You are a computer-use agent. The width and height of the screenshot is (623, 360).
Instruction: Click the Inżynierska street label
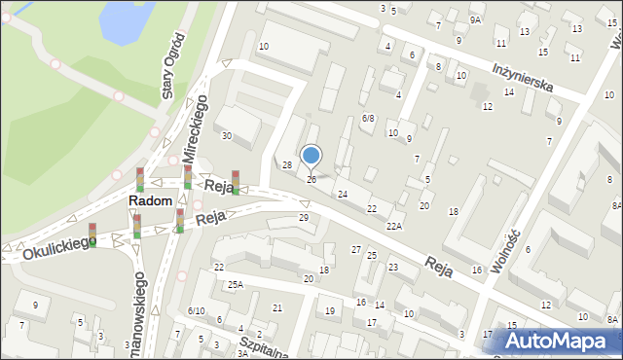coord(523,78)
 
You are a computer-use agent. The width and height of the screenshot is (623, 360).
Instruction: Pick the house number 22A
coord(393,226)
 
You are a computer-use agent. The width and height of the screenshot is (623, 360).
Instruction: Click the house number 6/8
coord(367,118)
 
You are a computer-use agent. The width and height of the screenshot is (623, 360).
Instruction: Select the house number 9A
coord(475,19)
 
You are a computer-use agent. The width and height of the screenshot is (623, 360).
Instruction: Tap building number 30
coord(226,135)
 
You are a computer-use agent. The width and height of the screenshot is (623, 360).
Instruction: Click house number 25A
coord(235,284)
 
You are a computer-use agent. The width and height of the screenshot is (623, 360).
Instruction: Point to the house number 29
coord(303,217)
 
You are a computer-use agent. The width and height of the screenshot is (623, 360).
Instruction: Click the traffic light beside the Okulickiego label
coord(92,233)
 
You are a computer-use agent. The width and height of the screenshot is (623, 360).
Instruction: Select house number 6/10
coord(195,310)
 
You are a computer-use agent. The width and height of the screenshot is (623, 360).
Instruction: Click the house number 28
coord(287,165)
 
